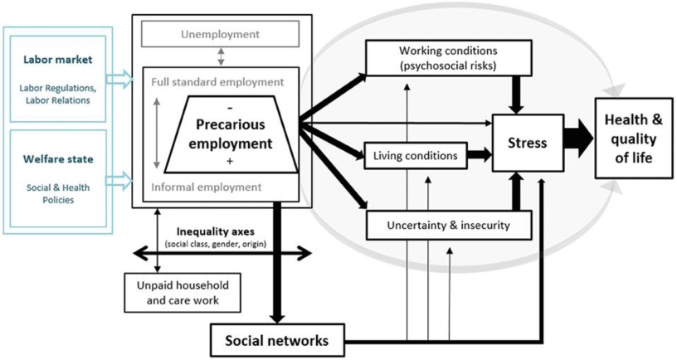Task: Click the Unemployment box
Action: (220, 34)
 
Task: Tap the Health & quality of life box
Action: (635, 137)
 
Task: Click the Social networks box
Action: (276, 339)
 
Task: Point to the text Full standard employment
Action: (218, 82)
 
